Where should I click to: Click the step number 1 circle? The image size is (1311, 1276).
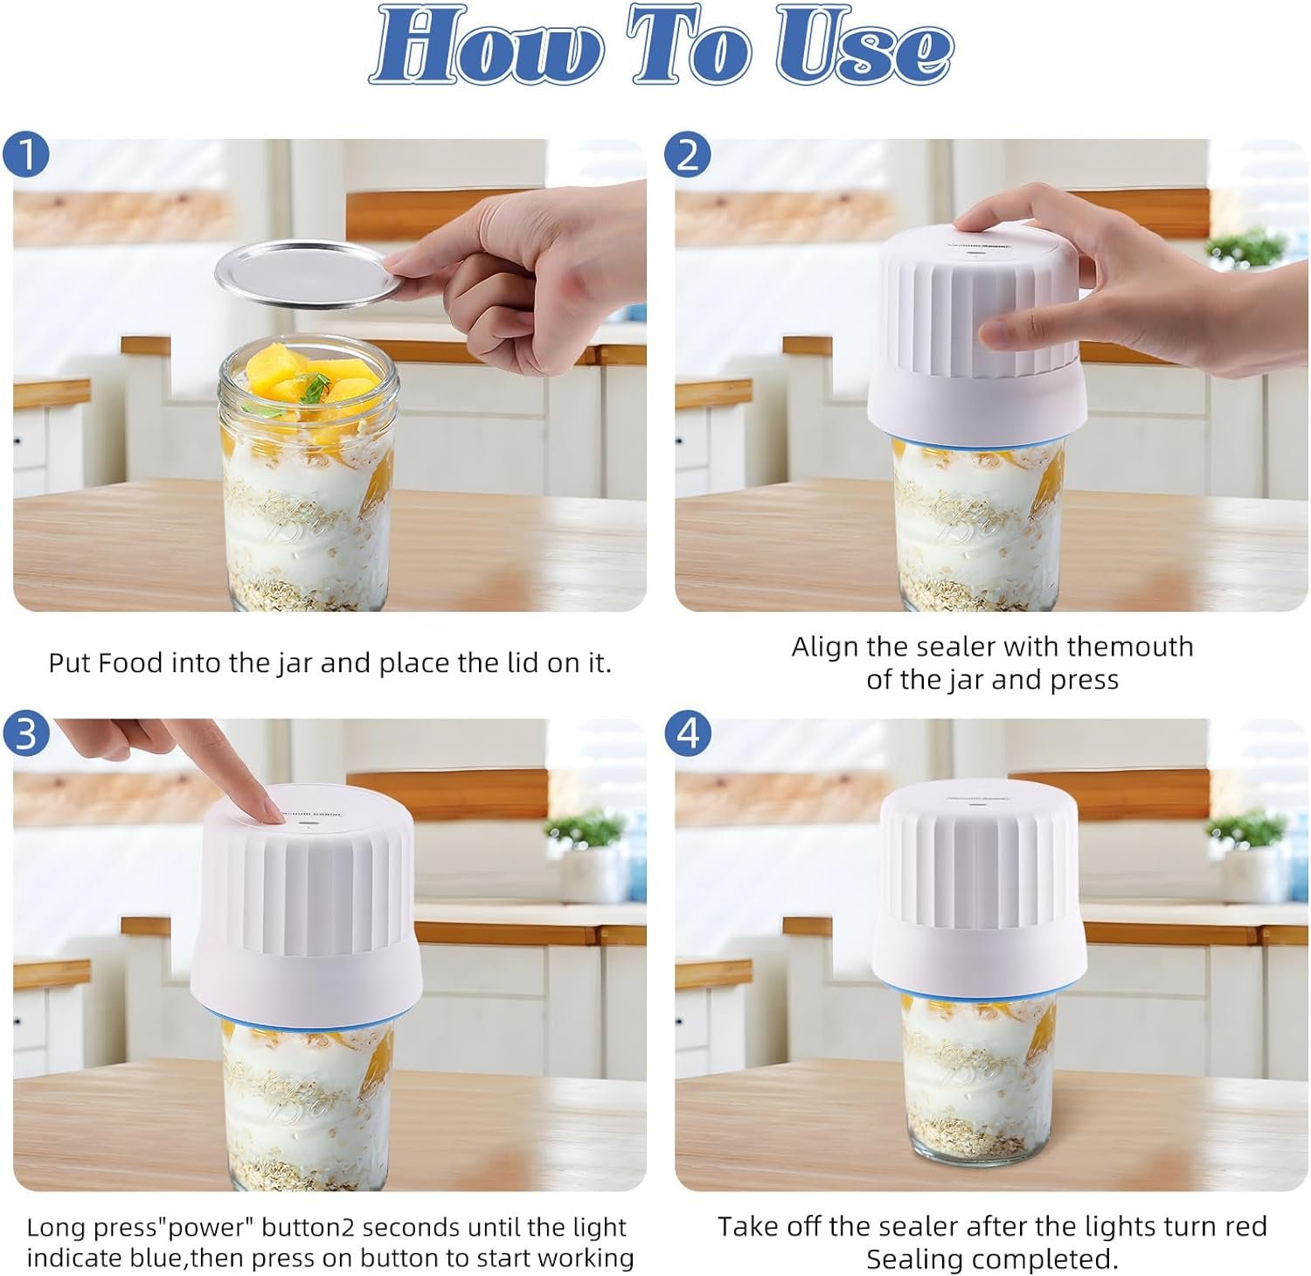tap(27, 155)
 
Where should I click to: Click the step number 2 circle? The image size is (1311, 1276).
tap(689, 155)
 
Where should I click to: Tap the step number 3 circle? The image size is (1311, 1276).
tap(27, 734)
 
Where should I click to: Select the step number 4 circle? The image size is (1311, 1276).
tap(689, 734)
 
